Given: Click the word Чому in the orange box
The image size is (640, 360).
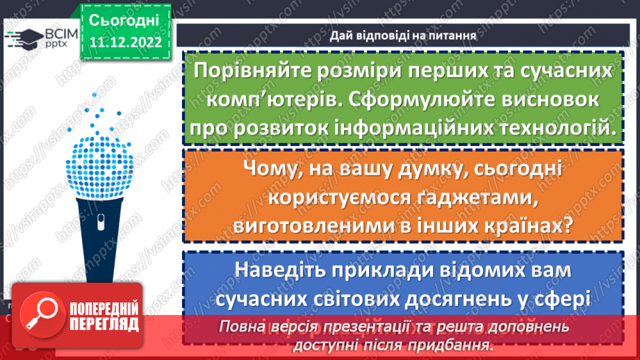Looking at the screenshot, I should [277, 169].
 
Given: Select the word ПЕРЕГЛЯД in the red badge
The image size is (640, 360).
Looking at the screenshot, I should [104, 324].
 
